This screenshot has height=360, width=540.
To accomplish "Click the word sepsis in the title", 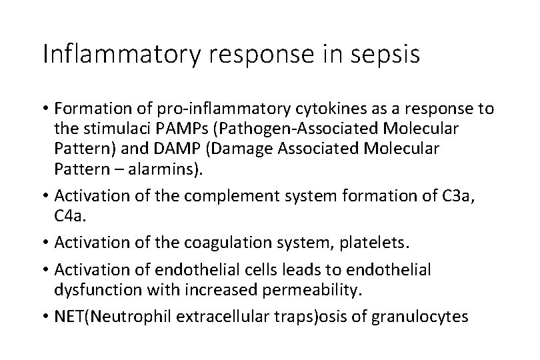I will coord(387,54).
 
